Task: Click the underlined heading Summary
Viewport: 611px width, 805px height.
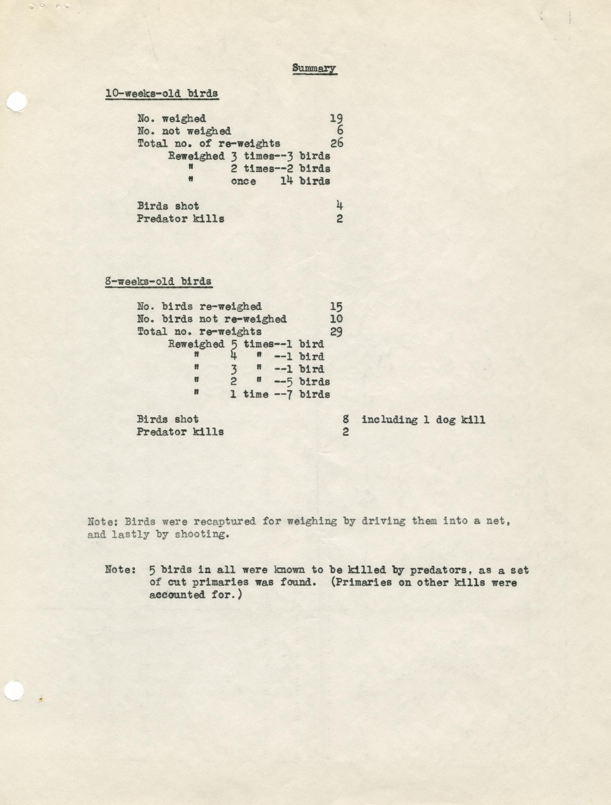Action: pyautogui.click(x=314, y=68)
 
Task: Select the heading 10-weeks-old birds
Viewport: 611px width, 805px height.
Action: pyautogui.click(x=162, y=94)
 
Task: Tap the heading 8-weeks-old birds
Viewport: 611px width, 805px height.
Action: pyautogui.click(x=159, y=281)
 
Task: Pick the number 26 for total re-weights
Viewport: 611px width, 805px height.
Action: pyautogui.click(x=336, y=143)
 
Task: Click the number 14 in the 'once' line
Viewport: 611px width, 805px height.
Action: pyautogui.click(x=287, y=181)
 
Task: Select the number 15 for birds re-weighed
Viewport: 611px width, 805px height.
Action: pyautogui.click(x=336, y=307)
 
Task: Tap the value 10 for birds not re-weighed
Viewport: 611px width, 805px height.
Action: pyautogui.click(x=336, y=319)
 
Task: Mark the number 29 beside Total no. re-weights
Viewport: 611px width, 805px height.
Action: pyautogui.click(x=336, y=332)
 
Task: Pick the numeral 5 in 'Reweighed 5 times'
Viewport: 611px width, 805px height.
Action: pyautogui.click(x=234, y=344)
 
